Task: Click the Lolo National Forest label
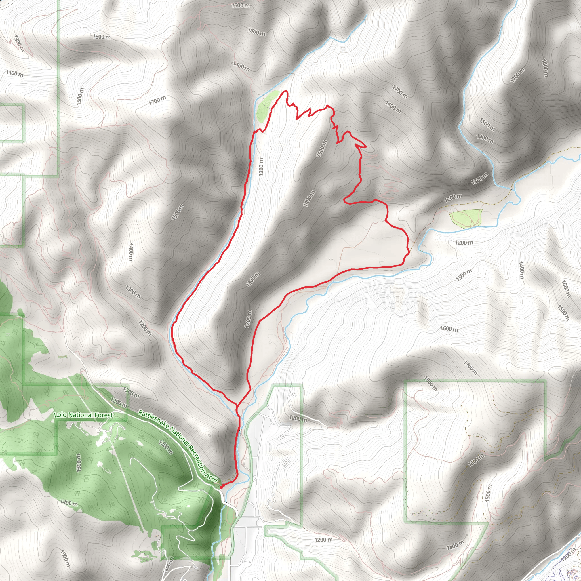point(84,415)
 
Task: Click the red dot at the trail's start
point(221,487)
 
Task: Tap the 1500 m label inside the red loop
point(321,149)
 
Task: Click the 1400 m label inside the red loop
point(309,199)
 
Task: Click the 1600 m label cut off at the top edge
point(241,5)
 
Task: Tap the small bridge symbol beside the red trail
point(240,431)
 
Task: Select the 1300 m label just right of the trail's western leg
point(261,167)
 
